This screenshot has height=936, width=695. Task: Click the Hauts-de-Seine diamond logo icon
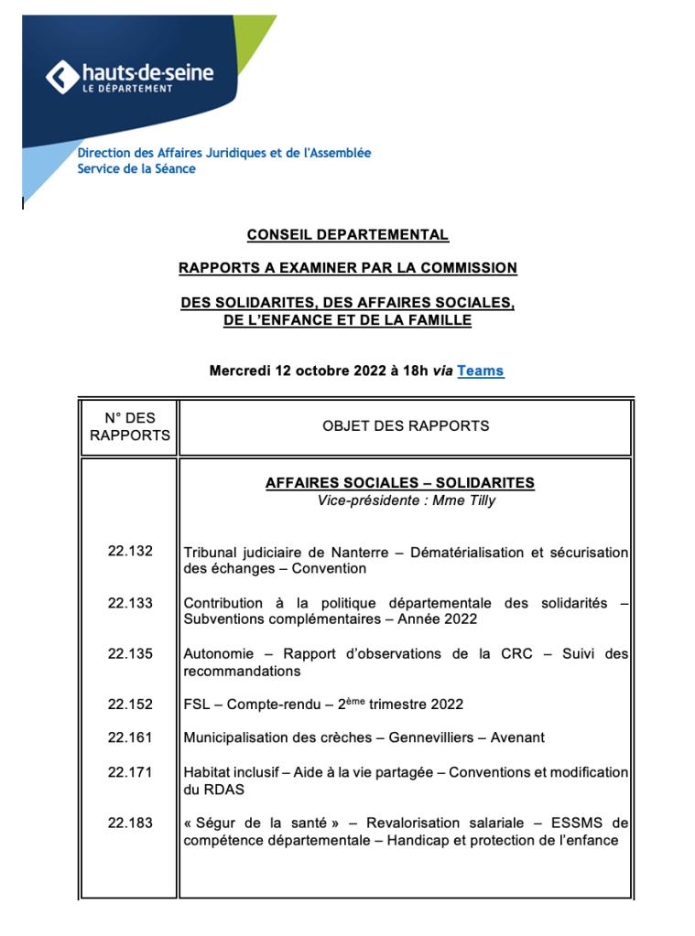pos(61,77)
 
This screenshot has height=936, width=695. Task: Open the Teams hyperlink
pos(480,371)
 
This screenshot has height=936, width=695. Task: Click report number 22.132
pos(130,552)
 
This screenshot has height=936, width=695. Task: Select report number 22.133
pos(130,603)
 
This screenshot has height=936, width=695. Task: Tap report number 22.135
pos(130,654)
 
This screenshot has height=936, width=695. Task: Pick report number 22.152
pos(130,705)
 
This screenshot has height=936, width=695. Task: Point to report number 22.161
pos(130,737)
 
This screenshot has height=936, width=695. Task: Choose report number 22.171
pos(130,772)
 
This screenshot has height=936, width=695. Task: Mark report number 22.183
pos(130,823)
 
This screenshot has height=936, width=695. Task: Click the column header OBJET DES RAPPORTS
pos(406,426)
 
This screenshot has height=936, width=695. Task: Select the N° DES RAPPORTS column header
pos(130,426)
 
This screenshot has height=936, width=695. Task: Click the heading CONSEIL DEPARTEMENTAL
pos(348,235)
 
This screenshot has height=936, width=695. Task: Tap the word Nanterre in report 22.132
pos(364,553)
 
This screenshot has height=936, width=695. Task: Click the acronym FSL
pos(198,705)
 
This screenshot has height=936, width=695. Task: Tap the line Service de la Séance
pos(136,169)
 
